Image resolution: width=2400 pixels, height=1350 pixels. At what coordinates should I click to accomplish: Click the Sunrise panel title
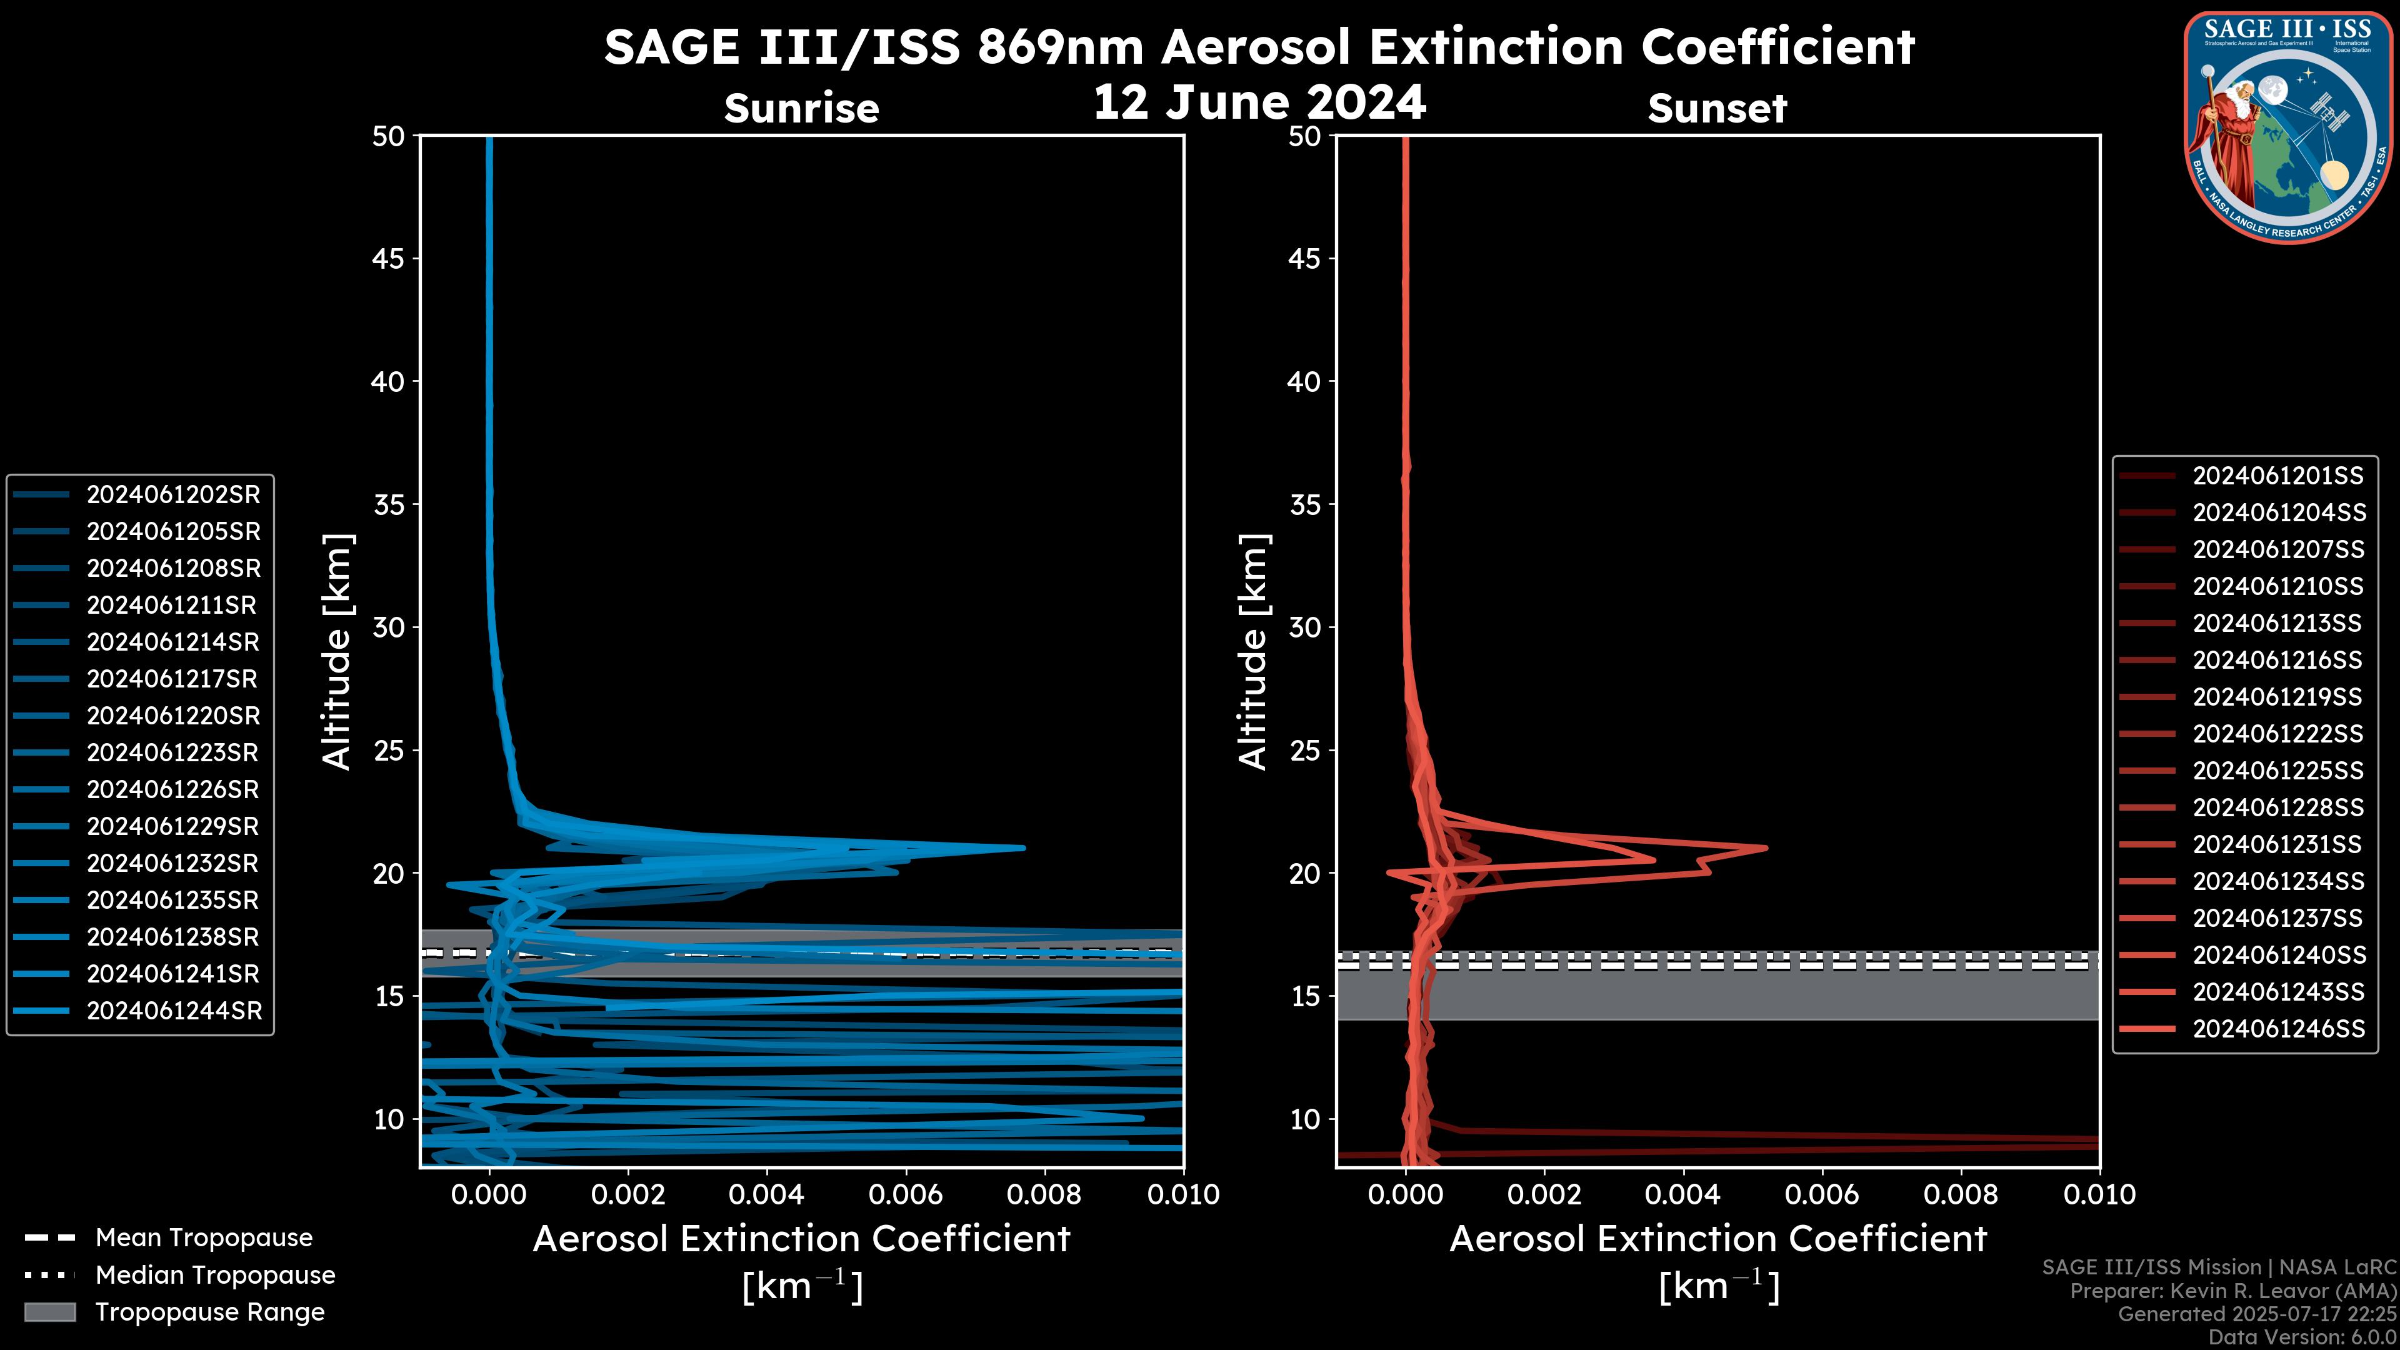(x=801, y=109)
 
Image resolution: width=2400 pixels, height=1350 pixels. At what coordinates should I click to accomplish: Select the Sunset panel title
(x=1716, y=109)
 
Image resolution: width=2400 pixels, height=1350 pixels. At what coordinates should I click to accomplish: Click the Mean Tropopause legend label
(x=204, y=1237)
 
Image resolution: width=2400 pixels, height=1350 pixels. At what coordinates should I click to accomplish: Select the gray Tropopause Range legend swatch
(x=50, y=1312)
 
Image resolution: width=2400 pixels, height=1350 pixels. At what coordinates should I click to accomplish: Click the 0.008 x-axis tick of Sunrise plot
(x=1044, y=1194)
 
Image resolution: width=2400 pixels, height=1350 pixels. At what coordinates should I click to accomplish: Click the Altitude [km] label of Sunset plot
(x=1254, y=652)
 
